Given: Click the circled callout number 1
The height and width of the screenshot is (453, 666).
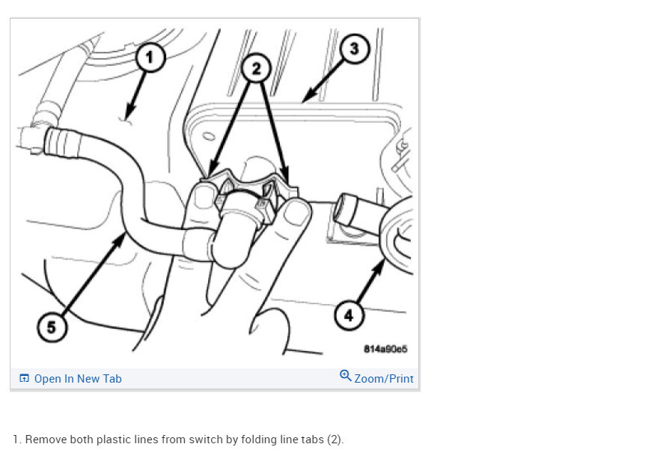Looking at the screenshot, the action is pos(150,57).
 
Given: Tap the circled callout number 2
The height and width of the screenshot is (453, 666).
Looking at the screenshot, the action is pos(256,68).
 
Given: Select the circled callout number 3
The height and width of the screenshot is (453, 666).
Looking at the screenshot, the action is pos(354,49).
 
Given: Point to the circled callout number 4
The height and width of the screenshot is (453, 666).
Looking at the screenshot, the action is pos(349,315).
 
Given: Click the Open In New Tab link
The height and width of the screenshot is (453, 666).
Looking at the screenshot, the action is pos(78,379).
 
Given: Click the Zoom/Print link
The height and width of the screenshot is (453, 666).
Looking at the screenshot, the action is pos(384,379).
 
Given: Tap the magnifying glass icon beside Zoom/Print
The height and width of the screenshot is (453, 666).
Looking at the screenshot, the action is pos(345,376).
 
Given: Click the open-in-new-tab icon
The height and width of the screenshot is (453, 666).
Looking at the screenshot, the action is pos(24,378).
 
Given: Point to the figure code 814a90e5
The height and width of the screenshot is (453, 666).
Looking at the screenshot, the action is pos(385,349).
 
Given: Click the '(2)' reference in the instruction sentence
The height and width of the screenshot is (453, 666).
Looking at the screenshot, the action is pos(335,440).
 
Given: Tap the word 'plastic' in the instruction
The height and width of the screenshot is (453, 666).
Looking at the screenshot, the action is pos(111,440).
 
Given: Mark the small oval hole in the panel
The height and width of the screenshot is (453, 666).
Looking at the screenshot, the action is pos(209,136).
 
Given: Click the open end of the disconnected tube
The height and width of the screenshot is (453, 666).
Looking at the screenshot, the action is pos(343,209).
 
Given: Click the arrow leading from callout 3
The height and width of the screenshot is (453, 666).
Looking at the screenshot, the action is pos(325,82).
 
